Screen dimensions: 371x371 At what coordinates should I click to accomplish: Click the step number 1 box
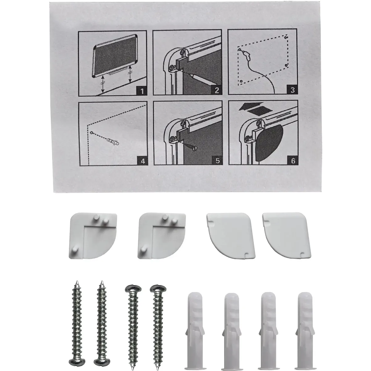[x=142, y=91]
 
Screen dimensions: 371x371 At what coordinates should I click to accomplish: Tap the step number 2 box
[x=216, y=90]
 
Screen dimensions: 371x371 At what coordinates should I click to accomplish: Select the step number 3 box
[x=292, y=90]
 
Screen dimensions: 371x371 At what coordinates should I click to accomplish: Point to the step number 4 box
[x=143, y=161]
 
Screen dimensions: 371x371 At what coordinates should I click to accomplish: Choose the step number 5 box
[x=217, y=160]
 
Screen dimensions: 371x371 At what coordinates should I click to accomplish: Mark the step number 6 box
[x=293, y=160]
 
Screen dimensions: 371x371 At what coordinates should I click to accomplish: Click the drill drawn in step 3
[x=247, y=55]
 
